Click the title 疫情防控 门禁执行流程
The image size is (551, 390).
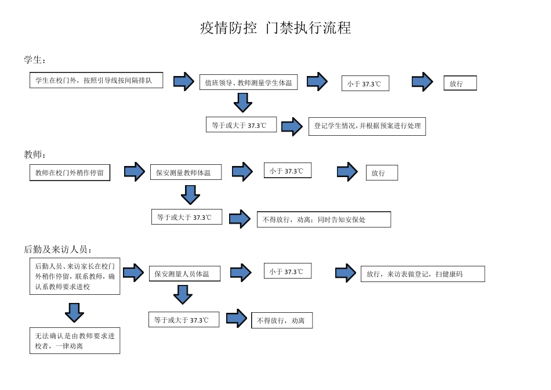click(x=275, y=28)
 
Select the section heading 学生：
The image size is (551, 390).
click(x=35, y=60)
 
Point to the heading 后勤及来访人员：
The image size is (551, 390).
click(x=59, y=250)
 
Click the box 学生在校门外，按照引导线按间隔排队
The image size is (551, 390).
click(x=96, y=80)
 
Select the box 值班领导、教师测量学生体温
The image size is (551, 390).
click(x=249, y=82)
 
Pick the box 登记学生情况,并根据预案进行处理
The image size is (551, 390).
click(x=367, y=126)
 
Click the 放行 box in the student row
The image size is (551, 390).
click(x=460, y=83)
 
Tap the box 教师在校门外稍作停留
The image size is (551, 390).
click(x=70, y=172)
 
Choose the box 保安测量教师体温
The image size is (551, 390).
click(x=186, y=172)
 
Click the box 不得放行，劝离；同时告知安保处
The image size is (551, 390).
click(x=324, y=219)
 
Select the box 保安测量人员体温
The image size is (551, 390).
click(x=185, y=273)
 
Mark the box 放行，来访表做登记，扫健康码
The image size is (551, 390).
click(x=422, y=274)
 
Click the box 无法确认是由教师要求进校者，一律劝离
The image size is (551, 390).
click(x=75, y=341)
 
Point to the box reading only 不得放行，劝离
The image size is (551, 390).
click(x=281, y=320)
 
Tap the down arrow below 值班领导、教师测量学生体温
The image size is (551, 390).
click(x=242, y=103)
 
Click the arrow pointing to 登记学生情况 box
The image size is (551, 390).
click(x=293, y=126)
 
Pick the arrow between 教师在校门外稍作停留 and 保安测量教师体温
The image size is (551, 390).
click(x=134, y=172)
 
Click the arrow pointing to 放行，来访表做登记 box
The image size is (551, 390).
click(x=346, y=273)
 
